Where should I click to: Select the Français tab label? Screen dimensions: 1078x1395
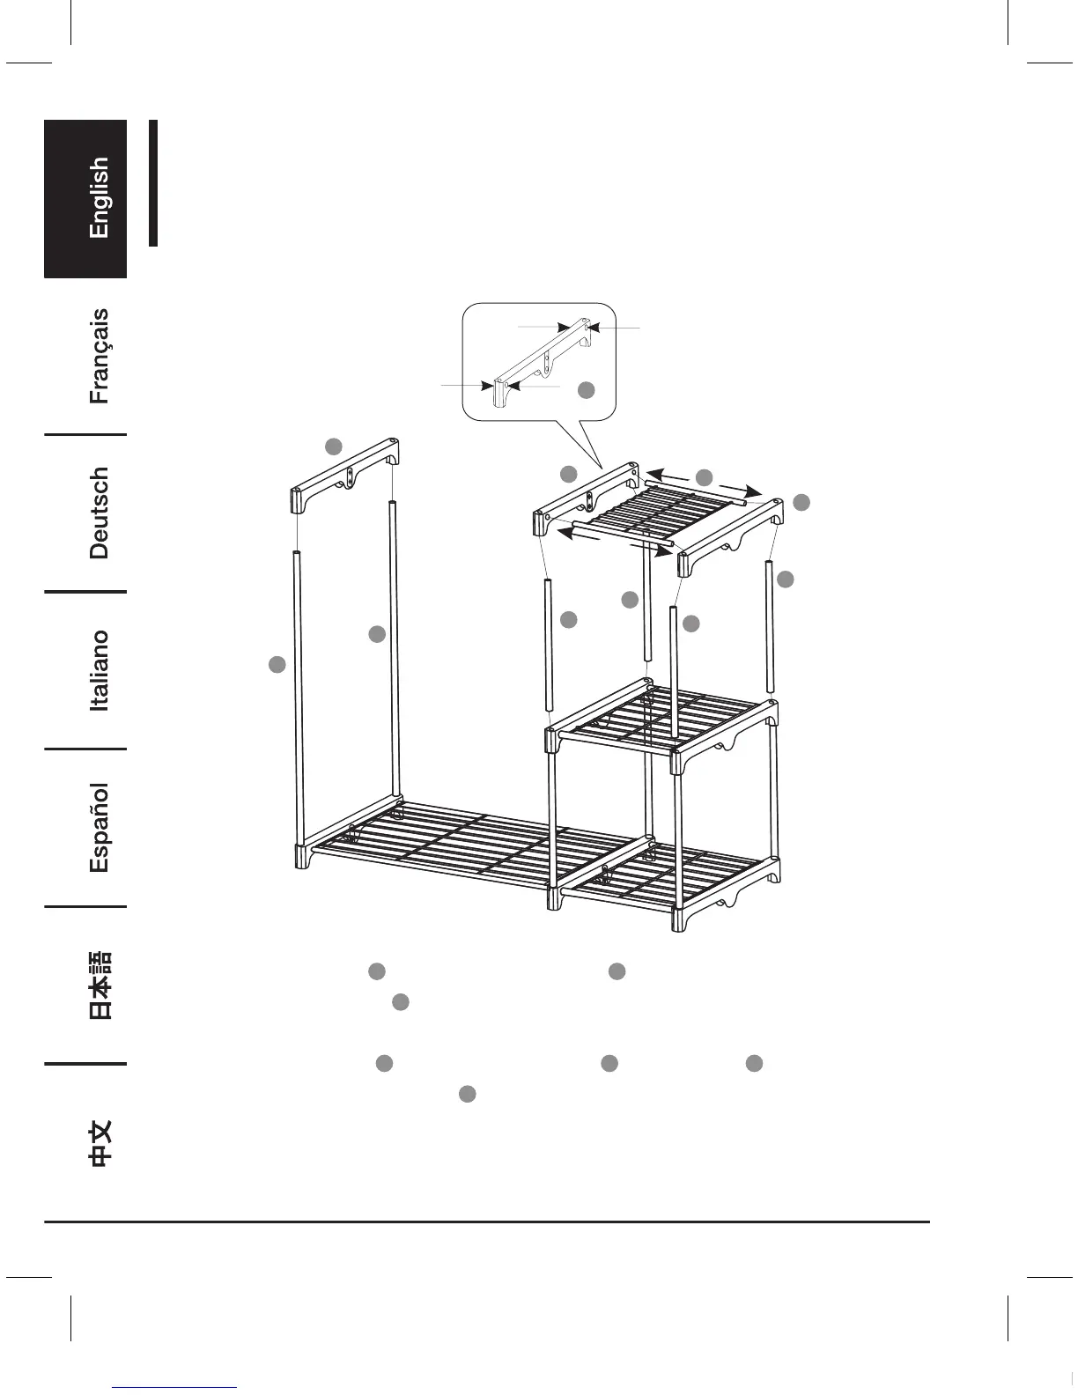point(100,356)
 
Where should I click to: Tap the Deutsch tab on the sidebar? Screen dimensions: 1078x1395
point(100,513)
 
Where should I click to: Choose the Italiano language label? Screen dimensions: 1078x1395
point(100,670)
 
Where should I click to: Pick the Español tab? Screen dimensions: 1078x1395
point(100,828)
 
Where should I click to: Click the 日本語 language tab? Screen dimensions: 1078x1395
point(100,985)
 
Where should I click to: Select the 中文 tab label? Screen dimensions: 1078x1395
point(100,1144)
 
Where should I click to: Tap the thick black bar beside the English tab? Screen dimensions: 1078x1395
point(153,183)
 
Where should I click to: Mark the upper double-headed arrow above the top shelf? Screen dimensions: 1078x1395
point(705,483)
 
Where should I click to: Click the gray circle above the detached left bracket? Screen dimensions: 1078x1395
point(333,447)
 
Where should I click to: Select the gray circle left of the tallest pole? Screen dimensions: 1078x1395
point(277,665)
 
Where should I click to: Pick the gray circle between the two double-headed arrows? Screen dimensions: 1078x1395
point(704,478)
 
